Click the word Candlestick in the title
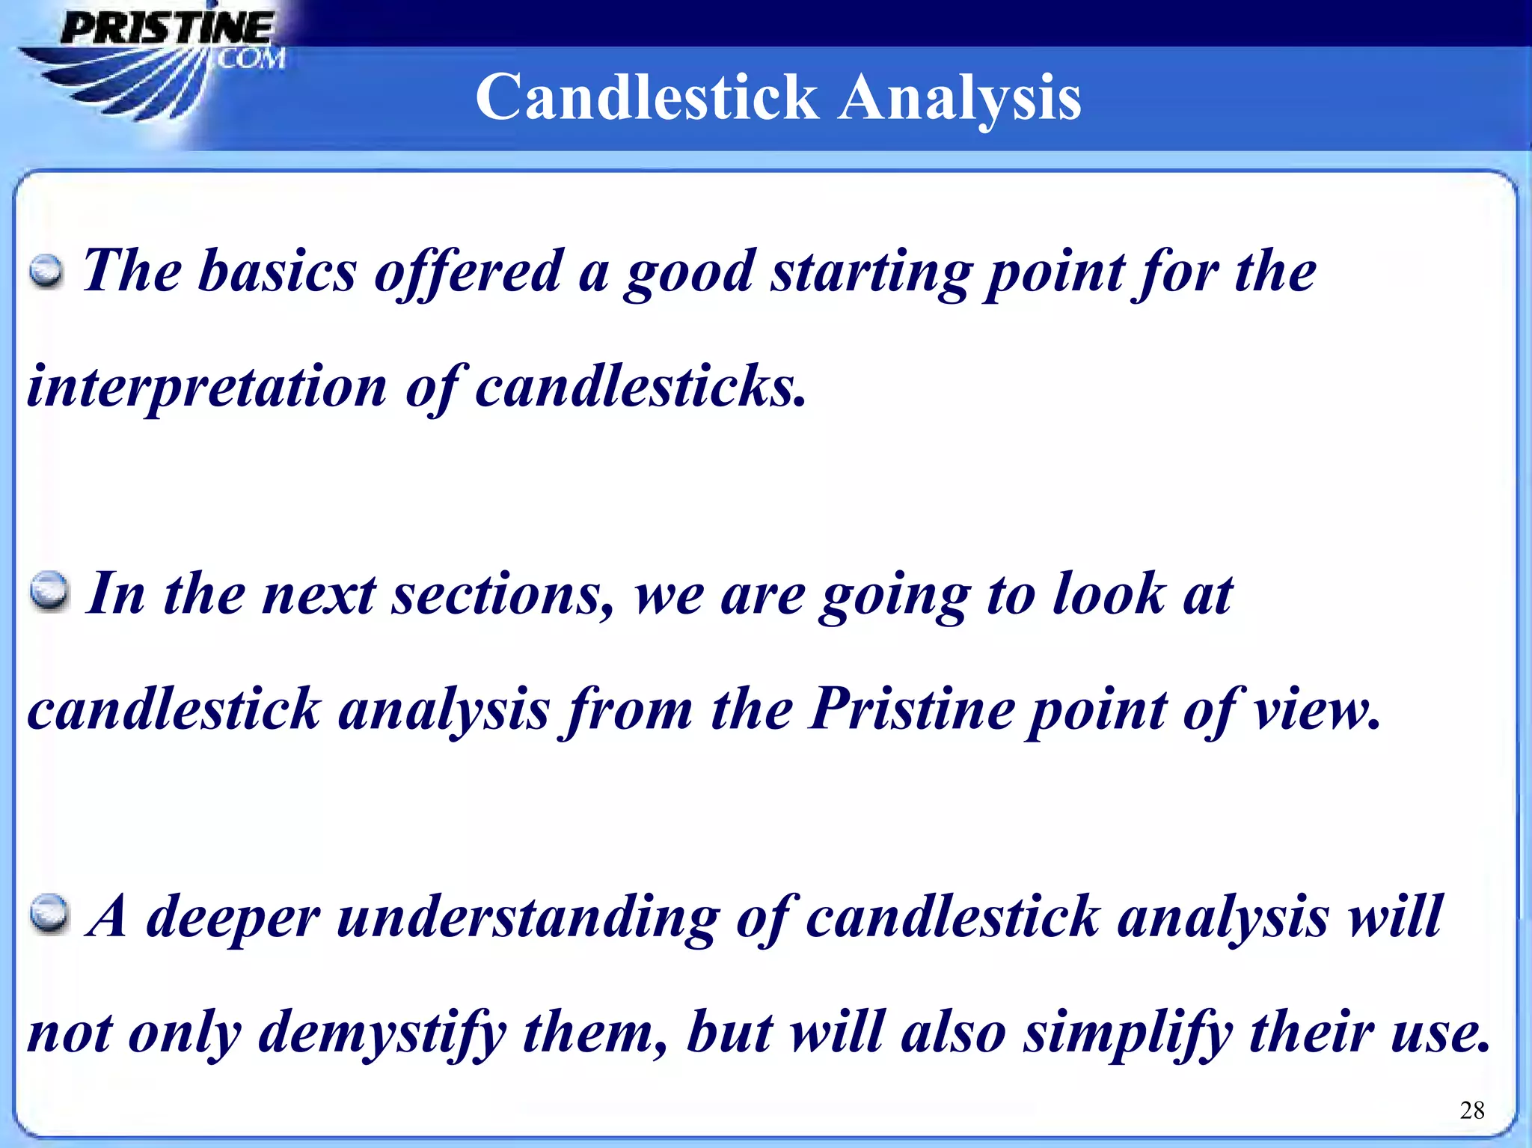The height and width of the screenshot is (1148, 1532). [646, 97]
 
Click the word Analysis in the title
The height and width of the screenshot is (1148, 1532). [959, 97]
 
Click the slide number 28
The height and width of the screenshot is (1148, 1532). [1471, 1110]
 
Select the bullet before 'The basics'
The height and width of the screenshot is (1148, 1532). [46, 272]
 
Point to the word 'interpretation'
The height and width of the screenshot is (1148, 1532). [206, 388]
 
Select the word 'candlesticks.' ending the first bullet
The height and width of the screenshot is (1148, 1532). [640, 388]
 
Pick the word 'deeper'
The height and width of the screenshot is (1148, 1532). [233, 918]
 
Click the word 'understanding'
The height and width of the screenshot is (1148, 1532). [528, 918]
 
